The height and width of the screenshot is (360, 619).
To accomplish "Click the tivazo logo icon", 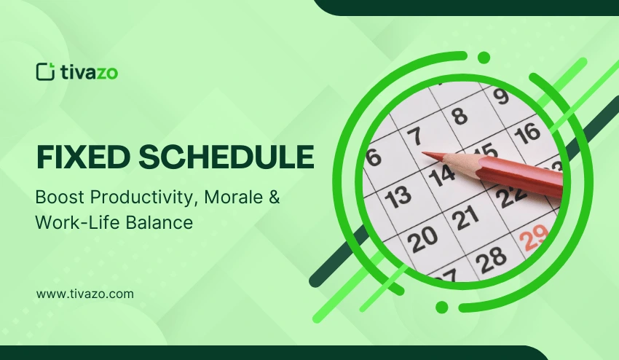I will (45, 71).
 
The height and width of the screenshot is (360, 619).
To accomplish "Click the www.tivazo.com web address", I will (84, 294).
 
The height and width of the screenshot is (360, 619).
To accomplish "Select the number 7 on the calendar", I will (414, 136).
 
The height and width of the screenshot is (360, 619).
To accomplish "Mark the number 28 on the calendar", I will (492, 257).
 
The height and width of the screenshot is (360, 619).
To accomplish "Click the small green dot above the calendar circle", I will (484, 58).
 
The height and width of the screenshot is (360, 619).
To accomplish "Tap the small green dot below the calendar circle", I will (441, 306).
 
